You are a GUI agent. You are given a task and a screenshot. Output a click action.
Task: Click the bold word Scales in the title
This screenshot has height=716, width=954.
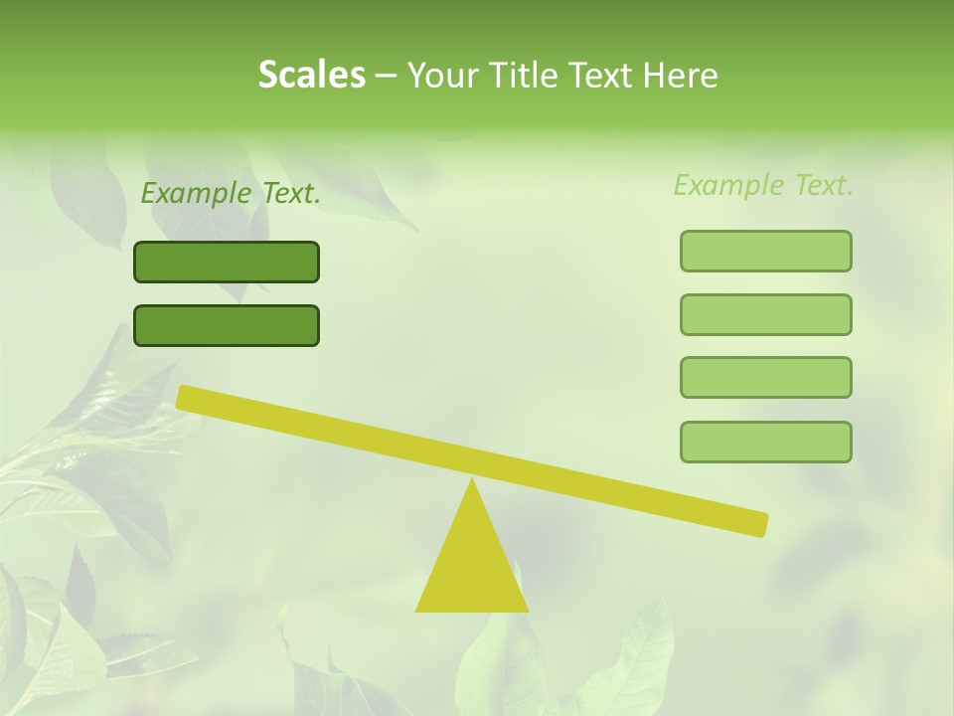coord(311,75)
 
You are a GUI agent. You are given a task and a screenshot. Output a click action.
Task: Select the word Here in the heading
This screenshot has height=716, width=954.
coord(682,75)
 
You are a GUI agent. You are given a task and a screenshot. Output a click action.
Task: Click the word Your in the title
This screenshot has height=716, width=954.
coord(444,75)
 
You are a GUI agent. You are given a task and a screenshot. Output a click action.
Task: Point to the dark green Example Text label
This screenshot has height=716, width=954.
coord(231,193)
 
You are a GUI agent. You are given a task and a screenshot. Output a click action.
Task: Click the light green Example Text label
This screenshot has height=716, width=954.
coord(763,185)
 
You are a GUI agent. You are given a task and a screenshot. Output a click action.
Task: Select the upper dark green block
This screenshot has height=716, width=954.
coord(227,262)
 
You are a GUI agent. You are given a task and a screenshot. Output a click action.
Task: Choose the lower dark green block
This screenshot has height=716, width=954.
coord(227,325)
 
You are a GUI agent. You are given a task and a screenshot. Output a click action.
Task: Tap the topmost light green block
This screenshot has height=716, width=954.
coord(765,251)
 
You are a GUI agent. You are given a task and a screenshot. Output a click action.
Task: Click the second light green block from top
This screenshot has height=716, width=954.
coord(765,314)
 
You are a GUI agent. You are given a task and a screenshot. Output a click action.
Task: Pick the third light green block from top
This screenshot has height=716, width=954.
coord(765,377)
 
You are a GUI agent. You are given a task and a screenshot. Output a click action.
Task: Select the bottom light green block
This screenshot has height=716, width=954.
coord(765,442)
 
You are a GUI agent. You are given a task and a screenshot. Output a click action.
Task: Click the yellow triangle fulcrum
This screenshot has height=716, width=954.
coord(472,567)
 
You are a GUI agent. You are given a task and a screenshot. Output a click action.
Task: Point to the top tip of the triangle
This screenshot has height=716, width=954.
coord(472,481)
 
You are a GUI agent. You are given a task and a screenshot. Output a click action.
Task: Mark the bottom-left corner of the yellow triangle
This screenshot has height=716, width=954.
coord(417,610)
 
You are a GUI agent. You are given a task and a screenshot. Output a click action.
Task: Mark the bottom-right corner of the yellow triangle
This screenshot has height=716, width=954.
coord(527,610)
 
